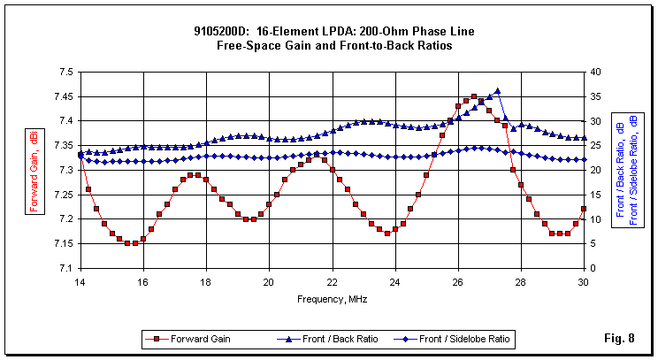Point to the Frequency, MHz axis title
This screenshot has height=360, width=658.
coord(333,300)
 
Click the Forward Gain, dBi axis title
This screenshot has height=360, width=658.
coord(34,170)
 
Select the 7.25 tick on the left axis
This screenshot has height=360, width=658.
coord(64,194)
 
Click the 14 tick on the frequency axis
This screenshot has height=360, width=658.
coord(80,282)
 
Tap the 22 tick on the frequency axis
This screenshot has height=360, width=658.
coord(333,282)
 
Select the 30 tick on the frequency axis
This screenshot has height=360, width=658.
coord(584,282)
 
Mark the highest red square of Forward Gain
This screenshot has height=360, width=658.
coord(474,96)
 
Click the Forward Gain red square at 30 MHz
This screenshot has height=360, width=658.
coord(584,209)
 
